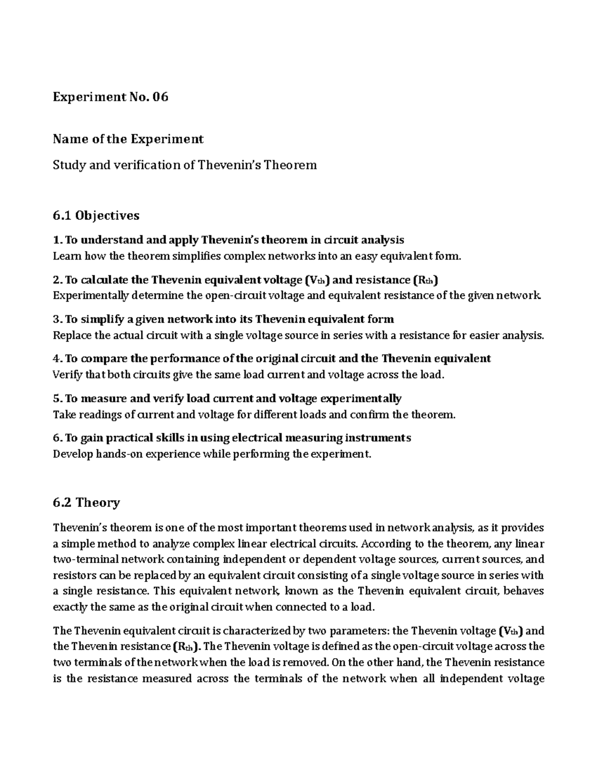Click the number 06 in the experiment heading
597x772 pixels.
[160, 97]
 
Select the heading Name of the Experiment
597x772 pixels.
[128, 139]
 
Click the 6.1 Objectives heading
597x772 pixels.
[96, 215]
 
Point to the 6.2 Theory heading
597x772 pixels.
[86, 503]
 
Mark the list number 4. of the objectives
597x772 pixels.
[57, 358]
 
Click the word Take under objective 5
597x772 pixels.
[64, 415]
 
